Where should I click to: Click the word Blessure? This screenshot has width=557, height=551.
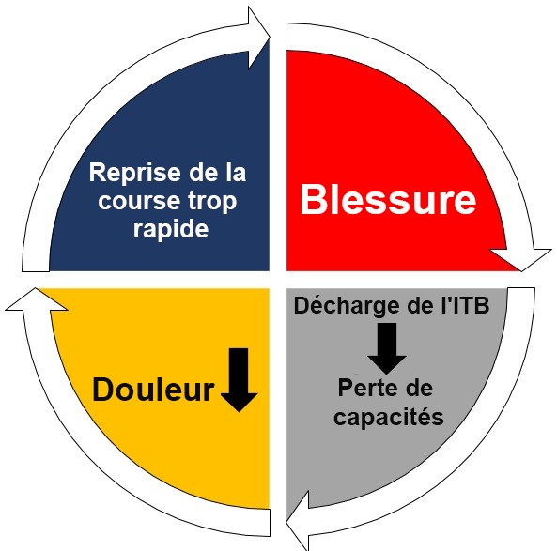[388, 199]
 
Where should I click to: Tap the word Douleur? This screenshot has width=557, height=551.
[153, 390]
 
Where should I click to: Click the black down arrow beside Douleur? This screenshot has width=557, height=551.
[239, 380]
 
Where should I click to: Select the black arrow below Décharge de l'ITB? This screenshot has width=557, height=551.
[387, 348]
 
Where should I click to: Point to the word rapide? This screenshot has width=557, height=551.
[171, 230]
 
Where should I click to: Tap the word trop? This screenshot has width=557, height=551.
[212, 202]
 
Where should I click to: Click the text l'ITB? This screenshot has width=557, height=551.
[465, 305]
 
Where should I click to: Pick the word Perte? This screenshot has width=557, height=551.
[365, 388]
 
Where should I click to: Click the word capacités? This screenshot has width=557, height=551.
[389, 417]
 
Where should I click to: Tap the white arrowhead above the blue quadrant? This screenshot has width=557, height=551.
[259, 38]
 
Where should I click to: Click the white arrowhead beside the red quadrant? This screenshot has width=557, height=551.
[520, 259]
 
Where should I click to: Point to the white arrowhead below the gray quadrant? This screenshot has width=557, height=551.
[298, 521]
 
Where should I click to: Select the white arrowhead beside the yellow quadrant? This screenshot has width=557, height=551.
[37, 299]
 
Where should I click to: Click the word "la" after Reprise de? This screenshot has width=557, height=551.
[236, 172]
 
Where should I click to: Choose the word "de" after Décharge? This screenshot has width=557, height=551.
[420, 305]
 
